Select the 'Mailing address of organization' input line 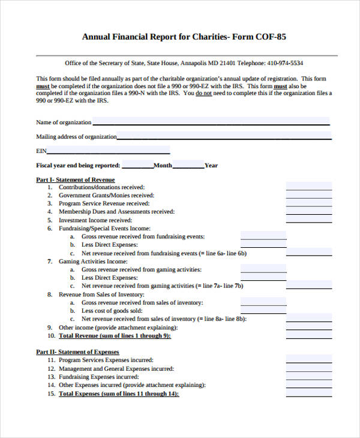coord(223,136)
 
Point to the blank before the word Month coord(137,165)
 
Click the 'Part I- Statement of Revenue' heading coord(75,179)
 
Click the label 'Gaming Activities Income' coord(93,262)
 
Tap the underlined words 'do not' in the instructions coord(204,94)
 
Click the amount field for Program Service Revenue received coord(308,203)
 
